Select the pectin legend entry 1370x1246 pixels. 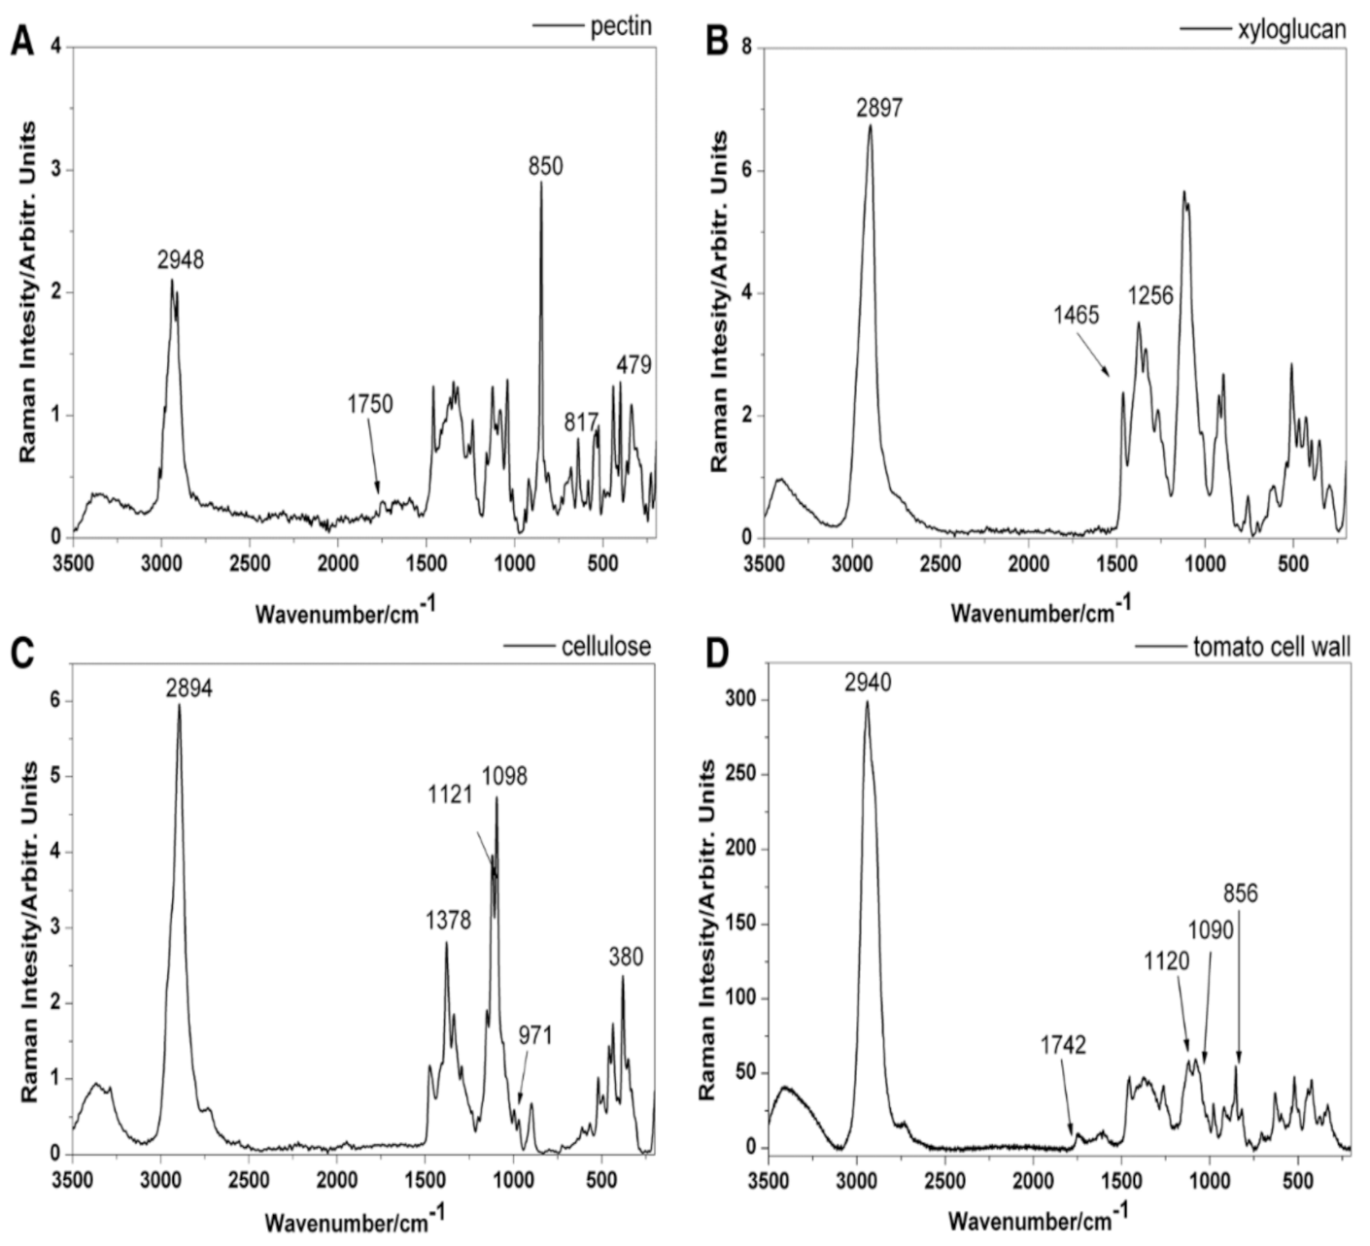(x=621, y=26)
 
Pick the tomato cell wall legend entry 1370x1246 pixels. (x=1271, y=646)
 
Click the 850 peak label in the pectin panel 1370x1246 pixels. (x=545, y=166)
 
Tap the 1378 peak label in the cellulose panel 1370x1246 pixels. (x=447, y=920)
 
